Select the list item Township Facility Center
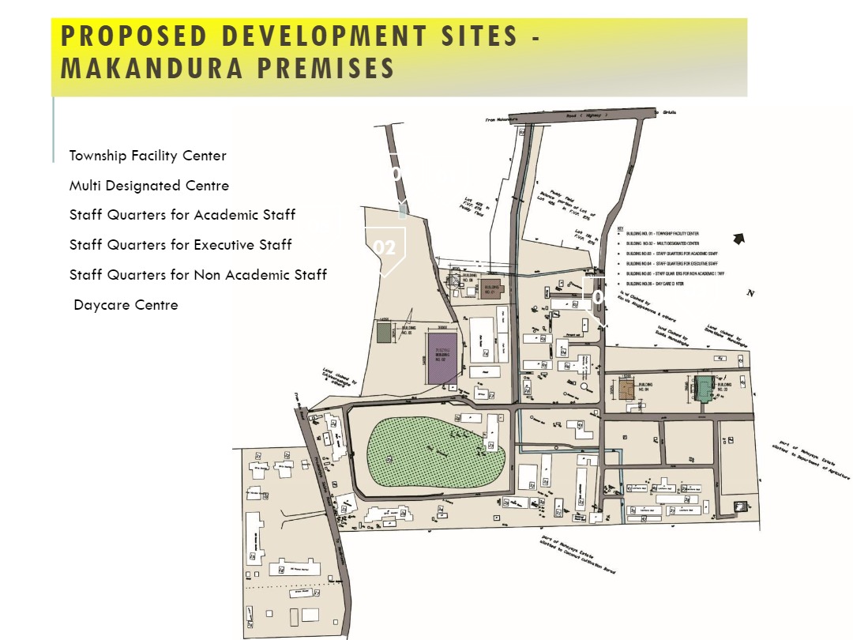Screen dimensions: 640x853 click(x=148, y=156)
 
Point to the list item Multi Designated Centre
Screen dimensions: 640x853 click(x=149, y=186)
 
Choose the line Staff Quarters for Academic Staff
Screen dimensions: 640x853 click(x=182, y=215)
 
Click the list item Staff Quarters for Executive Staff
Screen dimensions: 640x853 click(x=181, y=245)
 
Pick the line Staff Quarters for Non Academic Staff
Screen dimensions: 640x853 click(x=198, y=275)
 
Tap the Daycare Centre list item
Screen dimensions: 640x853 click(x=126, y=305)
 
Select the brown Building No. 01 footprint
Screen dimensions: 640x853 click(x=490, y=290)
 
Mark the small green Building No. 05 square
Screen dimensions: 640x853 click(x=384, y=333)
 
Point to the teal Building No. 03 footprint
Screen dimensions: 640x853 click(x=704, y=390)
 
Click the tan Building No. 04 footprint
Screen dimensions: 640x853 click(x=627, y=390)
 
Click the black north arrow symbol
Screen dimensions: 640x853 click(x=739, y=239)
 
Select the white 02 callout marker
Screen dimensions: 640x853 click(x=385, y=248)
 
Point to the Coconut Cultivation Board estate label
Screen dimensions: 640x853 click(x=578, y=555)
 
